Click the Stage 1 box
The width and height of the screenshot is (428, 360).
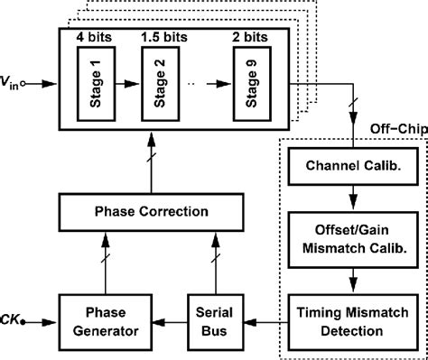pyautogui.click(x=96, y=87)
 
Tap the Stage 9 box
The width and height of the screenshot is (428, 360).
pyautogui.click(x=248, y=87)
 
